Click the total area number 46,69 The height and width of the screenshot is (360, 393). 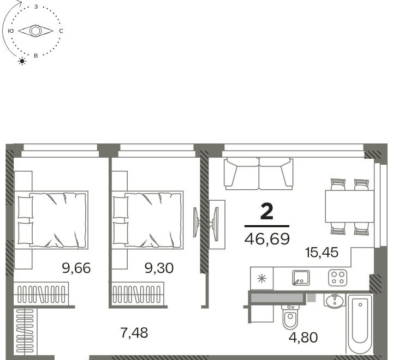(267, 239)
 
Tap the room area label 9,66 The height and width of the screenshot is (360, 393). (76, 268)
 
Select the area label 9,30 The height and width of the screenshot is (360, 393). (159, 268)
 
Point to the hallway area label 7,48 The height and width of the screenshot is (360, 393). (134, 333)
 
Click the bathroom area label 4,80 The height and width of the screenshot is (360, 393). (303, 338)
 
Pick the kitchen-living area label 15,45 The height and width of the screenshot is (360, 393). (322, 253)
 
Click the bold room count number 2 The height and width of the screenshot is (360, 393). (267, 212)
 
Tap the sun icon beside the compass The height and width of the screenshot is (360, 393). (22, 61)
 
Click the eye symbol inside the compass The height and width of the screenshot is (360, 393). (35, 31)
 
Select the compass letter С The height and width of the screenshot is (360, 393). (61, 31)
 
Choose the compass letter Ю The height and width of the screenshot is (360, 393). (10, 31)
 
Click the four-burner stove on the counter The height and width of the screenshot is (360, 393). (338, 278)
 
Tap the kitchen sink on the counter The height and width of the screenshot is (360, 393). (301, 278)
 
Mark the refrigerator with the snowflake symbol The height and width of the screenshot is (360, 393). (261, 278)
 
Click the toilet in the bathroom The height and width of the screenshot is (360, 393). (290, 317)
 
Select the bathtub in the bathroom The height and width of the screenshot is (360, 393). (360, 325)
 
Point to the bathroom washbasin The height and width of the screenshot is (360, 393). (335, 301)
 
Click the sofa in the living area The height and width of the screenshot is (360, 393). (259, 173)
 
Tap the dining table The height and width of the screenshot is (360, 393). (350, 206)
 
